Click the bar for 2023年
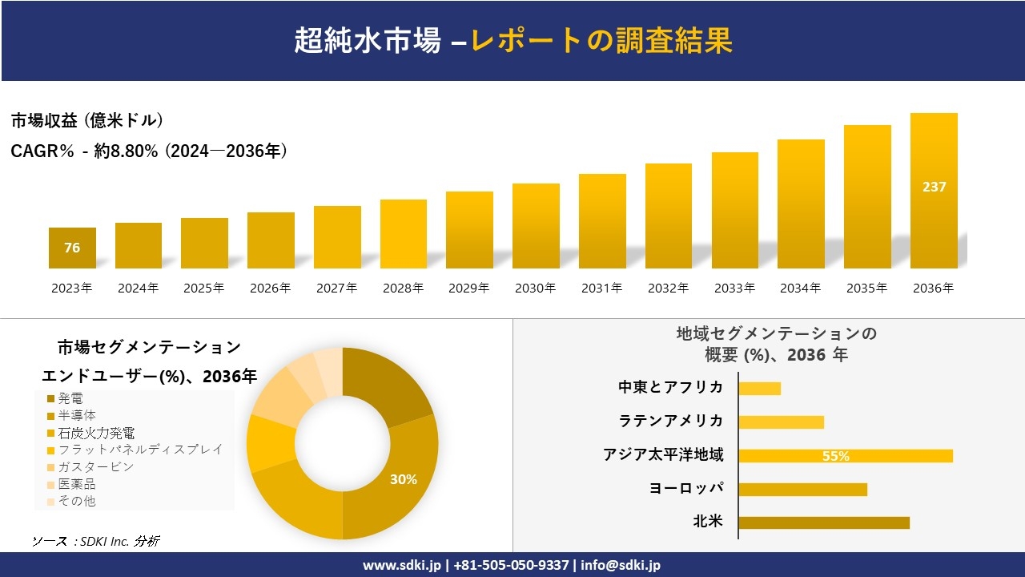click(72, 248)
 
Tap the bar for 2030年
click(536, 226)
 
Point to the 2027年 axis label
click(336, 288)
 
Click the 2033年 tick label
click(734, 288)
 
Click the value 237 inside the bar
click(934, 187)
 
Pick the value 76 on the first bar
click(72, 248)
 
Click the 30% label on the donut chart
click(403, 479)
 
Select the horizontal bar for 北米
click(824, 523)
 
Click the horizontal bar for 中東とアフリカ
click(759, 389)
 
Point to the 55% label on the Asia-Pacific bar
click(835, 456)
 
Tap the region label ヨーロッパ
click(686, 488)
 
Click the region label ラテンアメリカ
click(670, 421)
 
